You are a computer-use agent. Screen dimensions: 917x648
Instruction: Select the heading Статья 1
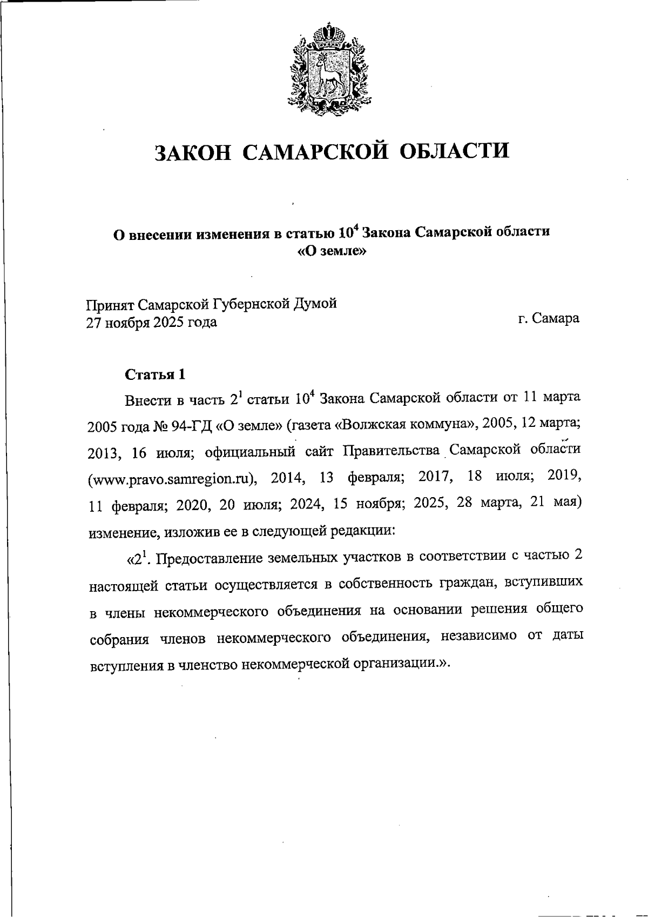click(x=156, y=374)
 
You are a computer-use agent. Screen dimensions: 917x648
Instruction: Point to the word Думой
click(x=314, y=303)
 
